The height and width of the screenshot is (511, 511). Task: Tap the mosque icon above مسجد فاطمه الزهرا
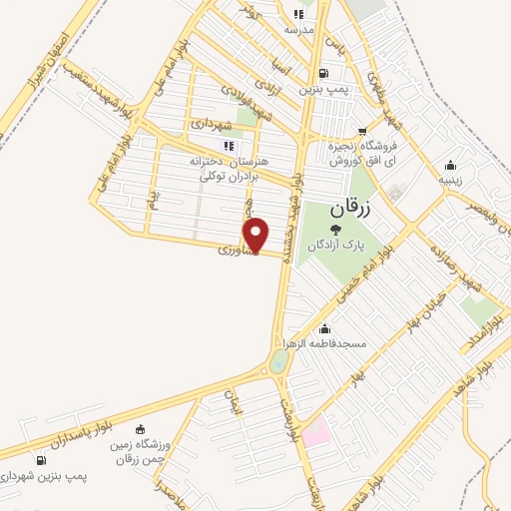click(x=323, y=328)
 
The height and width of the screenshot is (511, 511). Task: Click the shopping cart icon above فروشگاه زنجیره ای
click(x=362, y=129)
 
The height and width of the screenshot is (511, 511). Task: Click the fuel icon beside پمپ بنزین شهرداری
click(x=40, y=460)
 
